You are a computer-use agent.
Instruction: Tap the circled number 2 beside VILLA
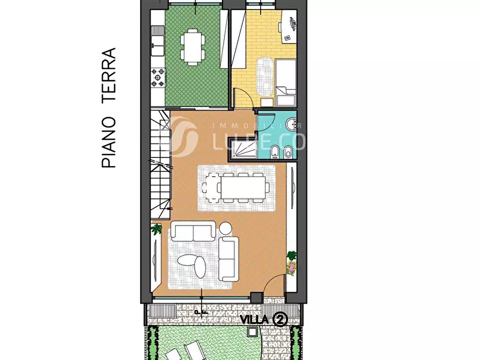279,319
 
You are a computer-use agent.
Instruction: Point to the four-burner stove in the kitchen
158,77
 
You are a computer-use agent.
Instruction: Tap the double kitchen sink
157,42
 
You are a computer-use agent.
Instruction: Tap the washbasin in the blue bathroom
290,125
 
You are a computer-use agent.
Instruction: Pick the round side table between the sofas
225,228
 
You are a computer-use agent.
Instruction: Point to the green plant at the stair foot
157,229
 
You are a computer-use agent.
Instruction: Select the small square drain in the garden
251,333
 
